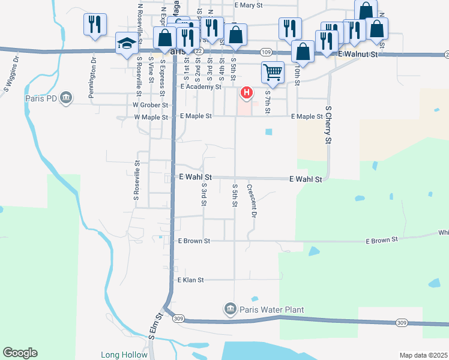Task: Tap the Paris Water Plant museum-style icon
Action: click(229, 310)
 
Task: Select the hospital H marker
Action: click(246, 92)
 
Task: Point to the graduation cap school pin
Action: click(127, 43)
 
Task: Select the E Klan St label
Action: click(191, 280)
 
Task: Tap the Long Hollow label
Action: click(124, 355)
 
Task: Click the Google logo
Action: click(20, 353)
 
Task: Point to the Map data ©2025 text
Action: click(423, 355)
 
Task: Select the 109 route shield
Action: click(268, 53)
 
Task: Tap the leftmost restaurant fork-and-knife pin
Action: click(95, 24)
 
